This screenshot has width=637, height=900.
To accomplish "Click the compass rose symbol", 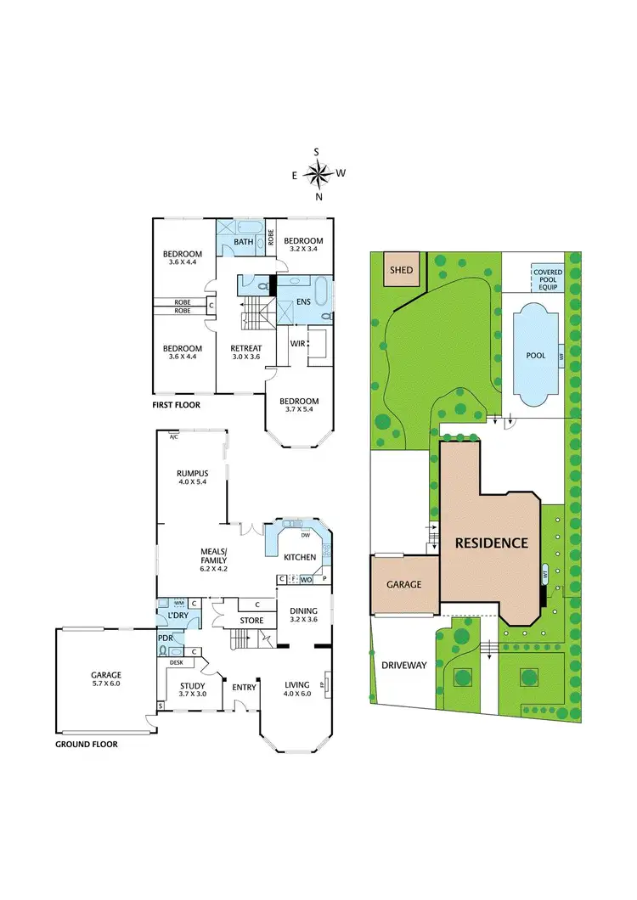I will point(318,175).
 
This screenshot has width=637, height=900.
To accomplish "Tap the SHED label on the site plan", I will point(401,270).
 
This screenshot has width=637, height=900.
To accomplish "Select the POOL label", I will point(535,355).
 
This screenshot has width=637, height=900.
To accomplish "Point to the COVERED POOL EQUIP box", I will point(548,278).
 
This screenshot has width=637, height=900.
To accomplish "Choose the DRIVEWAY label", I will point(404,666).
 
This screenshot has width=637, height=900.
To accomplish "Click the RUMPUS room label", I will point(193,474).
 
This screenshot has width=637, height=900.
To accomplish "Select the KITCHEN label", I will point(300,558).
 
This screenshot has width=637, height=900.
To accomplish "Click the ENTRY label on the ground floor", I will point(245,685).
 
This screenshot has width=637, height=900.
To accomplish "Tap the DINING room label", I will point(303,610).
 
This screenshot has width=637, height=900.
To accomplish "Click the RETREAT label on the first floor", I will point(246,348).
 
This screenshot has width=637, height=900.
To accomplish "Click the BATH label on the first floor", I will point(244,242).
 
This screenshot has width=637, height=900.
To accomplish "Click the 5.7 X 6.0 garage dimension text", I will point(107,684).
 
